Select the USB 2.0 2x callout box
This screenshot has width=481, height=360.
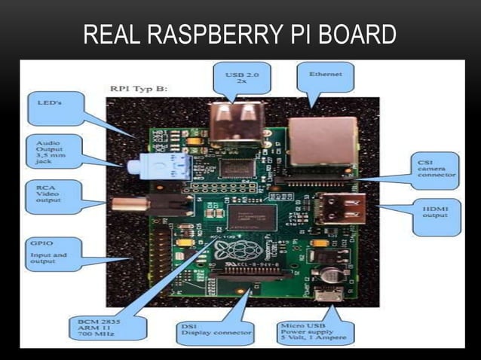238,77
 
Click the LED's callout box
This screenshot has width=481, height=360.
55,108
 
